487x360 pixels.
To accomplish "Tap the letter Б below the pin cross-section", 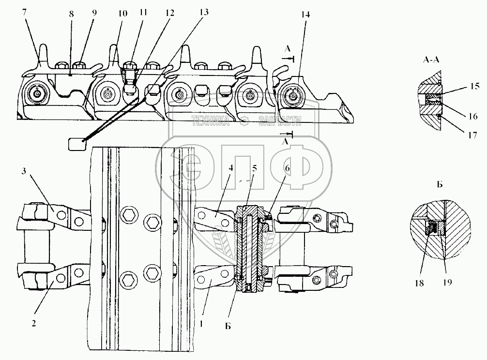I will pos(228,326).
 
